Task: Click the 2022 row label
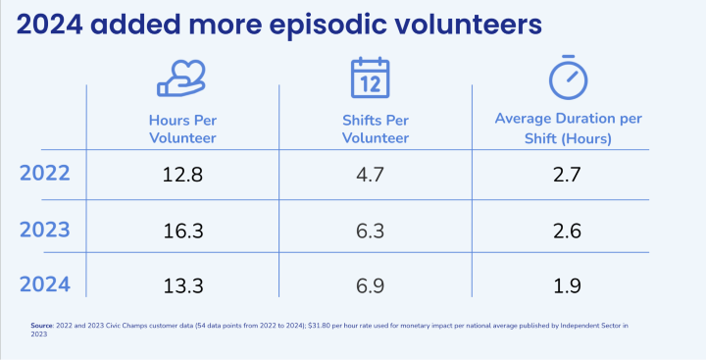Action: tap(45, 175)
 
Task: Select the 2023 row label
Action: tap(45, 230)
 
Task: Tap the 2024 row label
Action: tap(45, 284)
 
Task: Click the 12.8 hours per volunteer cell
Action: tap(183, 176)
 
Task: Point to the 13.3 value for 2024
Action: tap(183, 285)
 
